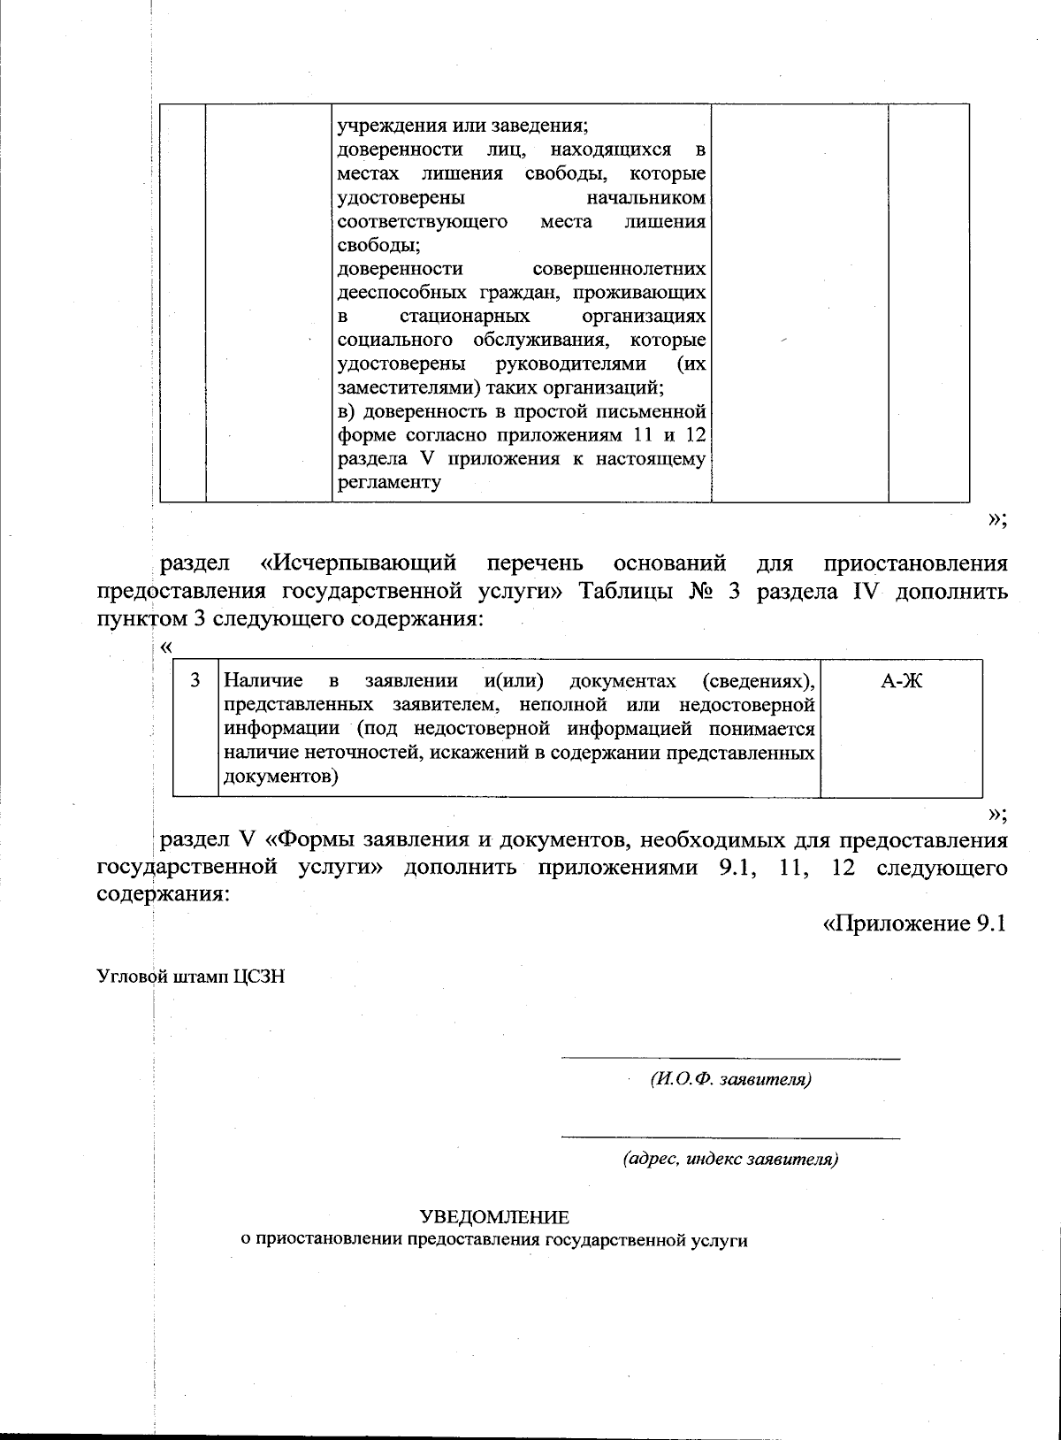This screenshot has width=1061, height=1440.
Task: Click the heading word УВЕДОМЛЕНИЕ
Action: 494,1217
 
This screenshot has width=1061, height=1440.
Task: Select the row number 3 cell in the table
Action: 195,681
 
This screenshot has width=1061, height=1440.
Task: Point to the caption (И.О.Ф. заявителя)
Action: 730,1080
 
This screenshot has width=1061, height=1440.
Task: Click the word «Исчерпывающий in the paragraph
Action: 358,563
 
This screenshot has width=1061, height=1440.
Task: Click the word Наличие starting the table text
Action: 263,681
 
